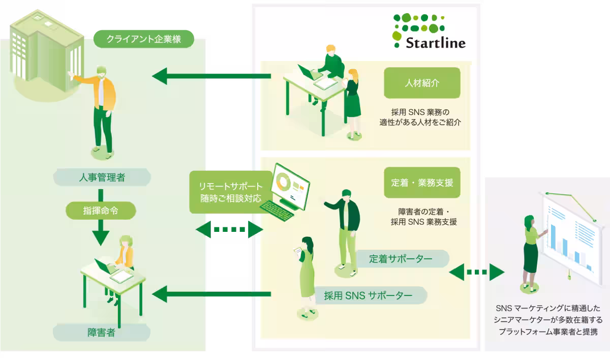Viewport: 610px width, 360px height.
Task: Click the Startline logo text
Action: tap(436, 43)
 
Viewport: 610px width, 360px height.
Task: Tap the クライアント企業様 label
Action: tap(144, 39)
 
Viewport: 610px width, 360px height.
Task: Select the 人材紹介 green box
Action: tap(422, 83)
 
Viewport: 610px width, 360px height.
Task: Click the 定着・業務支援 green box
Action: tap(422, 183)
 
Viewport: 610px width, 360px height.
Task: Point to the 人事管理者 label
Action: tap(102, 177)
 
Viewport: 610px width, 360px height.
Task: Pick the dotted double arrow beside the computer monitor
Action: tap(229, 229)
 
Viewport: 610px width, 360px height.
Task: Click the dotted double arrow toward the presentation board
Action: tap(477, 272)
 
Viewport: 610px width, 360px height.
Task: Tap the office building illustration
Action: tap(46, 53)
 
